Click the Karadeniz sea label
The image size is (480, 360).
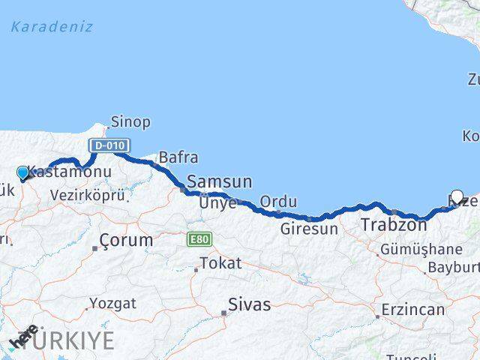pos(52,27)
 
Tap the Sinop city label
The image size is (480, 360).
pos(130,121)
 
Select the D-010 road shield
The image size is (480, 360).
pos(109,145)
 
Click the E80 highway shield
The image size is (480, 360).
pos(199,239)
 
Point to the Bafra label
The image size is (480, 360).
pos(178,157)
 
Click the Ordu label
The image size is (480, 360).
pos(278,202)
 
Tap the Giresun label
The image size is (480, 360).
pos(309,229)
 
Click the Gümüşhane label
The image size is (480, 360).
pos(421,249)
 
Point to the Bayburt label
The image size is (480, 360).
pos(453,268)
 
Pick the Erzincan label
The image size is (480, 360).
pos(413,309)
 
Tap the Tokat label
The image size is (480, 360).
pos(220,263)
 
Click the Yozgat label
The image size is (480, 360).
pos(112,304)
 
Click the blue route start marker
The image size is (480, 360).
pos(22,173)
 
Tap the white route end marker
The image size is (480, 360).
pos(457,196)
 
